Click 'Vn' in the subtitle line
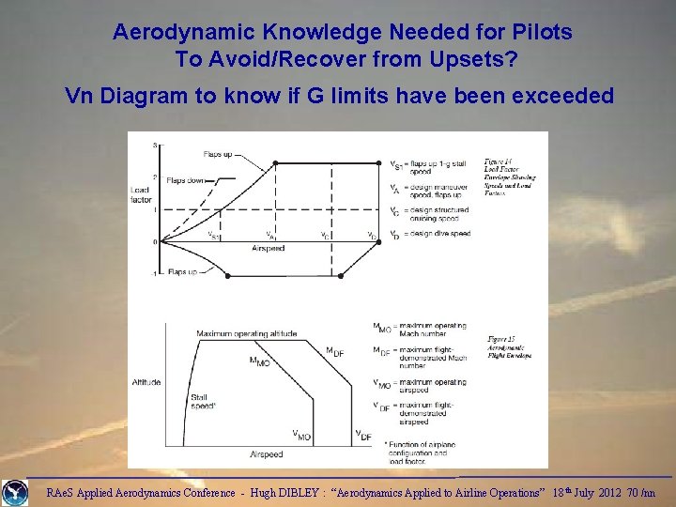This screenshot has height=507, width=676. click(x=79, y=96)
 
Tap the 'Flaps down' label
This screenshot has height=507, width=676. click(x=187, y=179)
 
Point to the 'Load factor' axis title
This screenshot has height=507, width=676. click(x=140, y=195)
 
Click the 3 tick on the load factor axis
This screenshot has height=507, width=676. click(x=155, y=146)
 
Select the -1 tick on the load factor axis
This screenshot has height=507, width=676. click(x=155, y=274)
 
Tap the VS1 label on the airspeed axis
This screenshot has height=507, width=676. click(x=215, y=236)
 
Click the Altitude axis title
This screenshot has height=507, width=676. click(x=146, y=382)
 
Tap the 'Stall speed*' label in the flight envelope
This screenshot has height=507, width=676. click(x=203, y=402)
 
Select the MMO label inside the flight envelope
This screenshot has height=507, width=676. click(x=259, y=361)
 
